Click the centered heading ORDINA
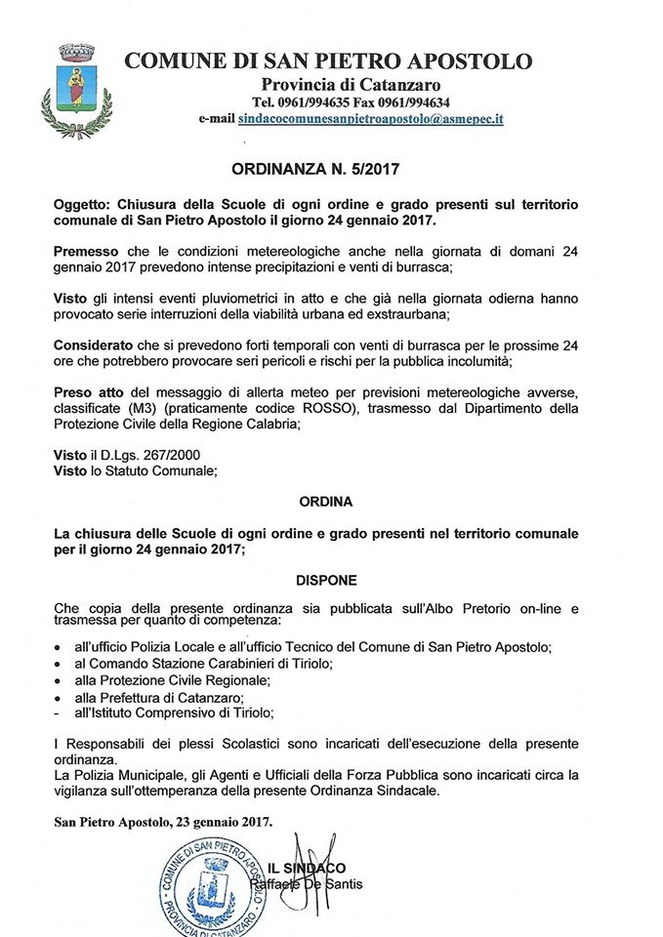(328, 501)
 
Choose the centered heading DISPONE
(328, 579)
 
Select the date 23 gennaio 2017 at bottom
(223, 823)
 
